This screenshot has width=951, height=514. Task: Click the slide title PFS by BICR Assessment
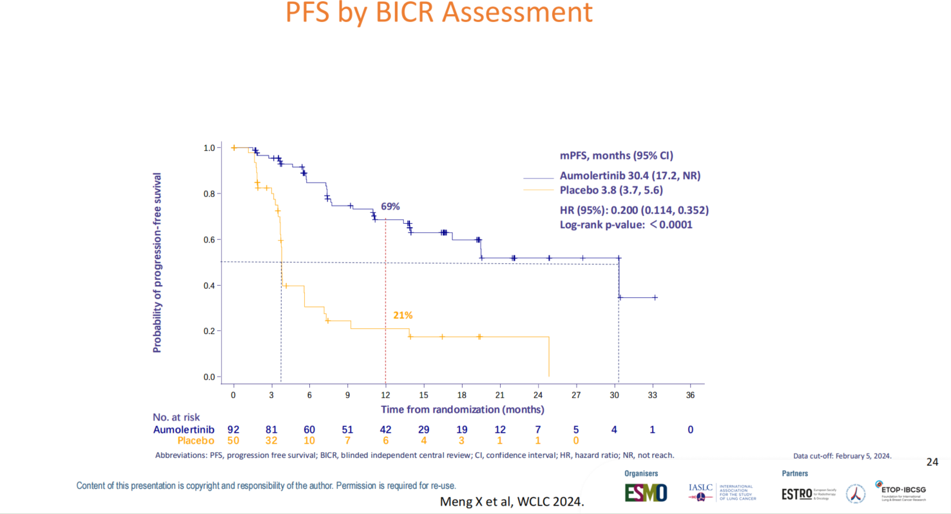pyautogui.click(x=439, y=13)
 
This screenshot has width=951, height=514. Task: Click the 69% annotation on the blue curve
pyautogui.click(x=390, y=206)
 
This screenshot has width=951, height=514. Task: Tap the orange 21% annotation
pyautogui.click(x=403, y=315)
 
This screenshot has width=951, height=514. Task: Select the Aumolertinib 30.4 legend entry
pyautogui.click(x=630, y=175)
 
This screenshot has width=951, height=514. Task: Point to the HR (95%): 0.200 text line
pyautogui.click(x=634, y=210)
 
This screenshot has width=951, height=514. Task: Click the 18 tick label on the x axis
pyautogui.click(x=461, y=395)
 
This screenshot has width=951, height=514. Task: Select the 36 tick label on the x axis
pyautogui.click(x=690, y=395)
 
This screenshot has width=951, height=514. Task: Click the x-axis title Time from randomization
pyautogui.click(x=462, y=410)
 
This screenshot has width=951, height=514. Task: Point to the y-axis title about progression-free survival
pyautogui.click(x=157, y=262)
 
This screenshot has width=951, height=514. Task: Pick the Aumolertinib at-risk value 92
pyautogui.click(x=233, y=430)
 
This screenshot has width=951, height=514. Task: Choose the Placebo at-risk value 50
pyautogui.click(x=233, y=440)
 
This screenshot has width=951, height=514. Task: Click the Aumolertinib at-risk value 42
pyautogui.click(x=385, y=430)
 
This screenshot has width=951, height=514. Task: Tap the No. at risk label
pyautogui.click(x=177, y=417)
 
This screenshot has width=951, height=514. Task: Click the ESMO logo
pyautogui.click(x=646, y=493)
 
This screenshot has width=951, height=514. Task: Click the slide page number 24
pyautogui.click(x=932, y=462)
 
